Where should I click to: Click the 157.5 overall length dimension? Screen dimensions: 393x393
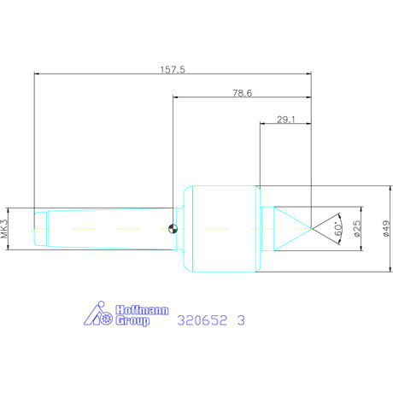tap(173, 69)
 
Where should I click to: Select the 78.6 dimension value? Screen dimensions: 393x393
tap(242, 93)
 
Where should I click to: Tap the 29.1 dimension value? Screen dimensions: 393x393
tap(286, 120)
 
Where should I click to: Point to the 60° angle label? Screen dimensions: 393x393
tap(338, 229)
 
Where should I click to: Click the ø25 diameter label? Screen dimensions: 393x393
tap(357, 228)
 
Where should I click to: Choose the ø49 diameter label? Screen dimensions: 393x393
tap(385, 228)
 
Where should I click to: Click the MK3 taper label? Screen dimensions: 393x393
tap(4, 229)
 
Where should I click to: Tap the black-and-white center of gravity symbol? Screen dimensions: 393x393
tap(173, 228)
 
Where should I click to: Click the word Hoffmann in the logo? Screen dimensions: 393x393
tap(142, 310)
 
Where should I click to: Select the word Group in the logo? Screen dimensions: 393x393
tap(132, 320)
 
